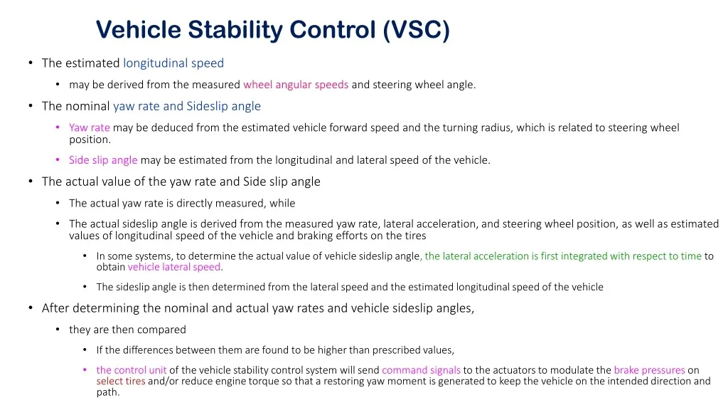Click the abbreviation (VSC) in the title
[x=417, y=30]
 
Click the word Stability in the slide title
[x=235, y=30]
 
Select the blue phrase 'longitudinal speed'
[x=173, y=63]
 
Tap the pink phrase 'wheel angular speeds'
[x=296, y=85]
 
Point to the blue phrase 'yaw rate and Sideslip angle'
[x=187, y=107]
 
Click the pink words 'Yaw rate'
[x=90, y=127]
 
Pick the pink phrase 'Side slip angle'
[x=103, y=160]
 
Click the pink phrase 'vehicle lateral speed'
[x=174, y=267]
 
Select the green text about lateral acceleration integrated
[x=563, y=256]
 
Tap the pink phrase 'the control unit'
[x=132, y=370]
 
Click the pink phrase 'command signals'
[x=421, y=370]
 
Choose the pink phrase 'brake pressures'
[x=649, y=370]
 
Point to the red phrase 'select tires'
[x=121, y=382]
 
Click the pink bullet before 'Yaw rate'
[x=58, y=127]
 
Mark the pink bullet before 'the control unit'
[x=85, y=370]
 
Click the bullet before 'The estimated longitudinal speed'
[x=31, y=63]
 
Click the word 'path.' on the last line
[x=108, y=392]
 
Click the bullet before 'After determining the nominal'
[x=31, y=307]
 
